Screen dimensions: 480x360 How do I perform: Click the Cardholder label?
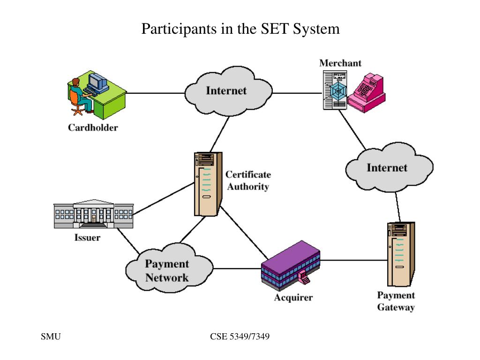[93, 127]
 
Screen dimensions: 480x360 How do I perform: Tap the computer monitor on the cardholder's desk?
[97, 81]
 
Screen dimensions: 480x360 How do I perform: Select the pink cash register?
[367, 93]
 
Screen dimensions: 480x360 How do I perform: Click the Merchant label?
[340, 63]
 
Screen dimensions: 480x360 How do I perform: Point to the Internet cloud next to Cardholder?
[228, 91]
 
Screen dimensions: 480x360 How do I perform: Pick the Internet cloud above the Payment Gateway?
[389, 167]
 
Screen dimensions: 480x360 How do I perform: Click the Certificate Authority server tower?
[208, 184]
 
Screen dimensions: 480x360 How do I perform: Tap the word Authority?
[248, 187]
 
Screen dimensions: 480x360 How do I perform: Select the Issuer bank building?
[94, 214]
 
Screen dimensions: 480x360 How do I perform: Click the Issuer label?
[87, 238]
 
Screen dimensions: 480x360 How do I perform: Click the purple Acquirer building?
[291, 266]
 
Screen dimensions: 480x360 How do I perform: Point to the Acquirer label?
[293, 297]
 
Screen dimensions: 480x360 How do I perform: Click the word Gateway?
[396, 307]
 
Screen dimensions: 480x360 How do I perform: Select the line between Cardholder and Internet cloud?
[156, 93]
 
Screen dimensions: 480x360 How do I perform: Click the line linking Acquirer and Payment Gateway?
[354, 260]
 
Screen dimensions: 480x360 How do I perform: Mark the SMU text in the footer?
[51, 337]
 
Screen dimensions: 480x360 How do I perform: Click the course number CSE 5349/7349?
[240, 337]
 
